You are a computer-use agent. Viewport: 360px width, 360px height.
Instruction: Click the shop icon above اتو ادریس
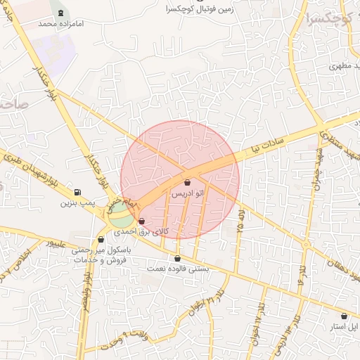tap(186, 182)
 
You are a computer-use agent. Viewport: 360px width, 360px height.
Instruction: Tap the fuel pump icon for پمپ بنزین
tap(77, 193)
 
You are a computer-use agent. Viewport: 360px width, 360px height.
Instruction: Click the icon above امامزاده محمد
tap(59, 13)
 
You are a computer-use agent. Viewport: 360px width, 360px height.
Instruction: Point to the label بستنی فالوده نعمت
tap(176, 269)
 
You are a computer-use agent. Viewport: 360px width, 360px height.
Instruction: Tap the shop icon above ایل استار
tap(343, 316)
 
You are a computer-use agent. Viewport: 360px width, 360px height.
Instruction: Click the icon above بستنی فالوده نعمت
tap(176, 259)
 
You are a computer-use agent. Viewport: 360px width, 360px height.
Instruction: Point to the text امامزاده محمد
tap(56, 23)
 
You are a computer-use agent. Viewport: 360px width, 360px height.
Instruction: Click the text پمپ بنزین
tap(76, 203)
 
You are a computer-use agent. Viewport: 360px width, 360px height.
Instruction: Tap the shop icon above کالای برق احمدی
tap(142, 221)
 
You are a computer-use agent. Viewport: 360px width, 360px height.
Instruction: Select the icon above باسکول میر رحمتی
tap(101, 239)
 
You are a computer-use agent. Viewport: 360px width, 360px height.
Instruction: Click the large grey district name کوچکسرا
tap(330, 18)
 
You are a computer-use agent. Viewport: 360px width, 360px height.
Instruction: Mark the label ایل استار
tap(345, 326)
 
